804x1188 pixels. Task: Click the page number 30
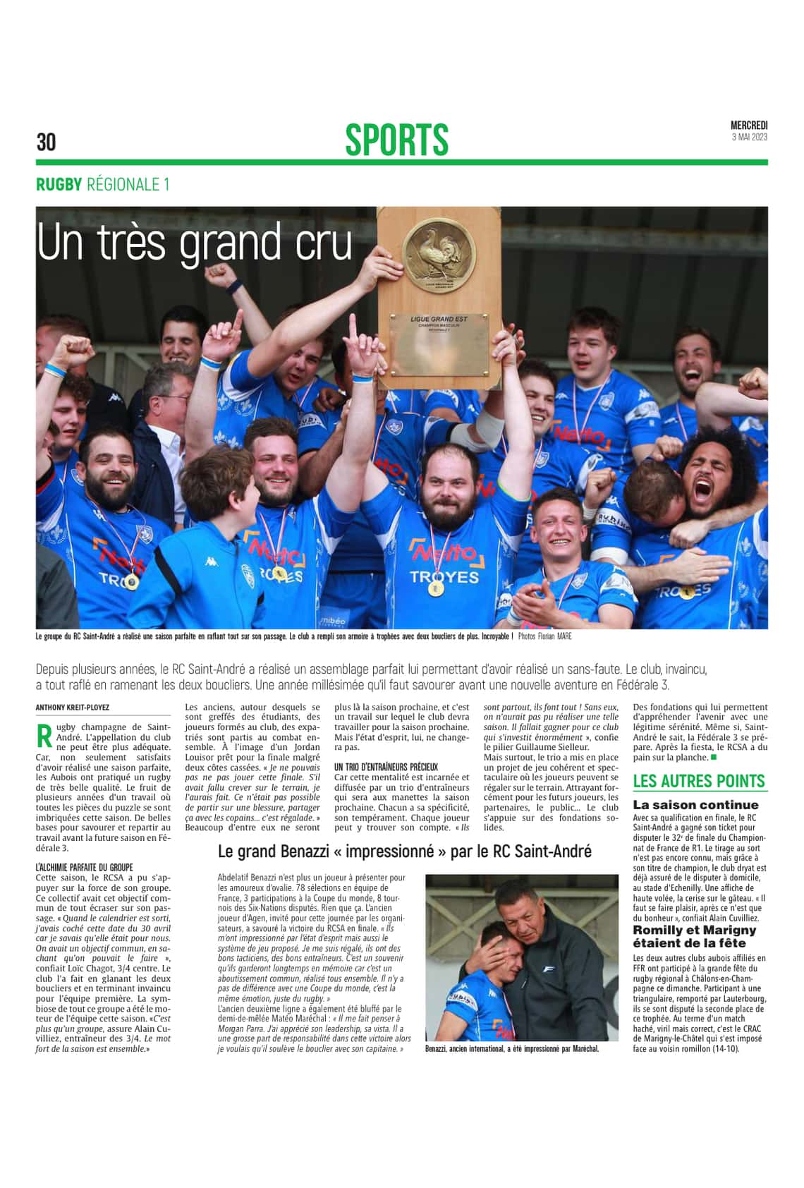pyautogui.click(x=46, y=142)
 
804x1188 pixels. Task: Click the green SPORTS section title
pyautogui.click(x=396, y=139)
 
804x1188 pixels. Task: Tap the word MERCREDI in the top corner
pyautogui.click(x=749, y=126)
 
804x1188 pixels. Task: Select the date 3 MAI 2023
pyautogui.click(x=749, y=137)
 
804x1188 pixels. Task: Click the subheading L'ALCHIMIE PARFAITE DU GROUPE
pyautogui.click(x=84, y=867)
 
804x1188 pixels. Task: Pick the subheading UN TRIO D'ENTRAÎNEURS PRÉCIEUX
pyautogui.click(x=386, y=767)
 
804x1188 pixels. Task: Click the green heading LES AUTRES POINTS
pyautogui.click(x=698, y=781)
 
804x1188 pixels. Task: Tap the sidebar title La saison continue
pyautogui.click(x=695, y=805)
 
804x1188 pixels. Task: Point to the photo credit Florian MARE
pyautogui.click(x=554, y=636)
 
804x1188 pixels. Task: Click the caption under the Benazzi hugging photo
pyautogui.click(x=512, y=1049)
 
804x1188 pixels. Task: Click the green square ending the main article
pyautogui.click(x=713, y=757)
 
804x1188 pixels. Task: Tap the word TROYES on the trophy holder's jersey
pyautogui.click(x=444, y=576)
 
